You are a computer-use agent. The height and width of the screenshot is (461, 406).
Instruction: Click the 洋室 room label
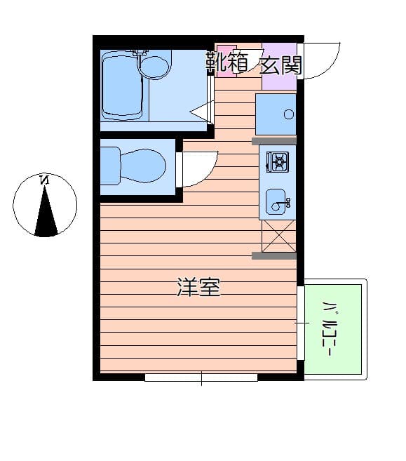tap(198, 287)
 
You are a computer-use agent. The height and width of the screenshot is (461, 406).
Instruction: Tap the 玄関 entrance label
tap(281, 65)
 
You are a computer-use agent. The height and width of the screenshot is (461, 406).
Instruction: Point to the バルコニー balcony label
tap(327, 328)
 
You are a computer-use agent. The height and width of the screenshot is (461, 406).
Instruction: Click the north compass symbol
tap(45, 205)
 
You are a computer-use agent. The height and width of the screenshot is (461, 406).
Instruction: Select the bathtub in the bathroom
tap(123, 86)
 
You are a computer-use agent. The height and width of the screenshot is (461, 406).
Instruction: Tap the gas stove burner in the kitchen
tap(277, 163)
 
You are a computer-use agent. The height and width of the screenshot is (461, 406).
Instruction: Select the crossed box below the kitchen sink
tap(278, 236)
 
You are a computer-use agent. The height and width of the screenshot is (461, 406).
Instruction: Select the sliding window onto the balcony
tap(301, 323)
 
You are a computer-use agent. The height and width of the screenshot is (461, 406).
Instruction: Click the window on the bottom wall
tap(201, 378)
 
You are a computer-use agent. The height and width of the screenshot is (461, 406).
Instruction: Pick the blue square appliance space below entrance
tap(275, 114)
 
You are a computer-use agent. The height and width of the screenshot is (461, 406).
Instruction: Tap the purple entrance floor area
tap(279, 77)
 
